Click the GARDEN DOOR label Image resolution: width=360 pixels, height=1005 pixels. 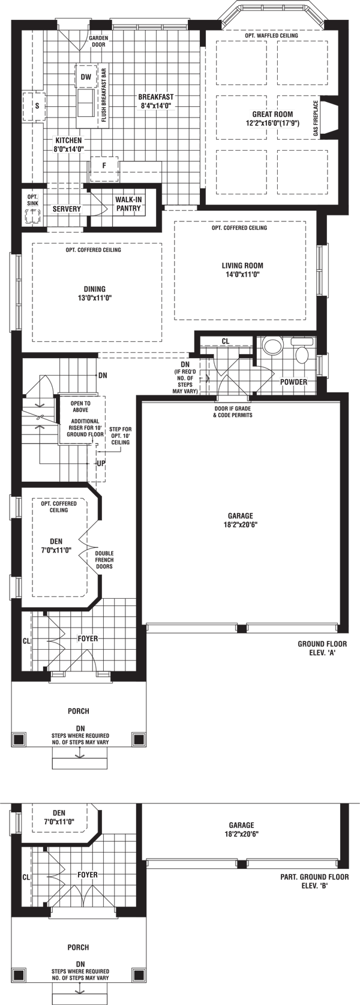(x=98, y=40)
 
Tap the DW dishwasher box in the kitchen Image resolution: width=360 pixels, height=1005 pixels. (x=86, y=77)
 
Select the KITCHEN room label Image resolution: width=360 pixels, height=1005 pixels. (x=68, y=144)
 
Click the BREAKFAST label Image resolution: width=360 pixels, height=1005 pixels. (x=155, y=101)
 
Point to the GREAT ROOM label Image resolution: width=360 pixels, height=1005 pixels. (x=272, y=118)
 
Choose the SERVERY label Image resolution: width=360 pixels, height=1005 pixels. (x=66, y=209)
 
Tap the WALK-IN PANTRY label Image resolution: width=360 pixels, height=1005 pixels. (x=128, y=203)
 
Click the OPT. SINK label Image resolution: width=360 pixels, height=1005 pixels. (x=32, y=200)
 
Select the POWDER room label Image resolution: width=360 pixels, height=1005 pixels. (x=293, y=382)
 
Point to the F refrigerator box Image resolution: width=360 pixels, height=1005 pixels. (x=104, y=165)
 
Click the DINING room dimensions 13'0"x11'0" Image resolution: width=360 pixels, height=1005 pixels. (x=95, y=298)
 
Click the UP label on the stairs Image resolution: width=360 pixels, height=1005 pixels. (x=101, y=464)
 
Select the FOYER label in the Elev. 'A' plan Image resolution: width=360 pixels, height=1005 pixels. (x=88, y=638)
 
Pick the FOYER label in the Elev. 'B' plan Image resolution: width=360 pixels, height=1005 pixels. (x=88, y=875)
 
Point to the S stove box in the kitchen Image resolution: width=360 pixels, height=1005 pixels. (x=37, y=106)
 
